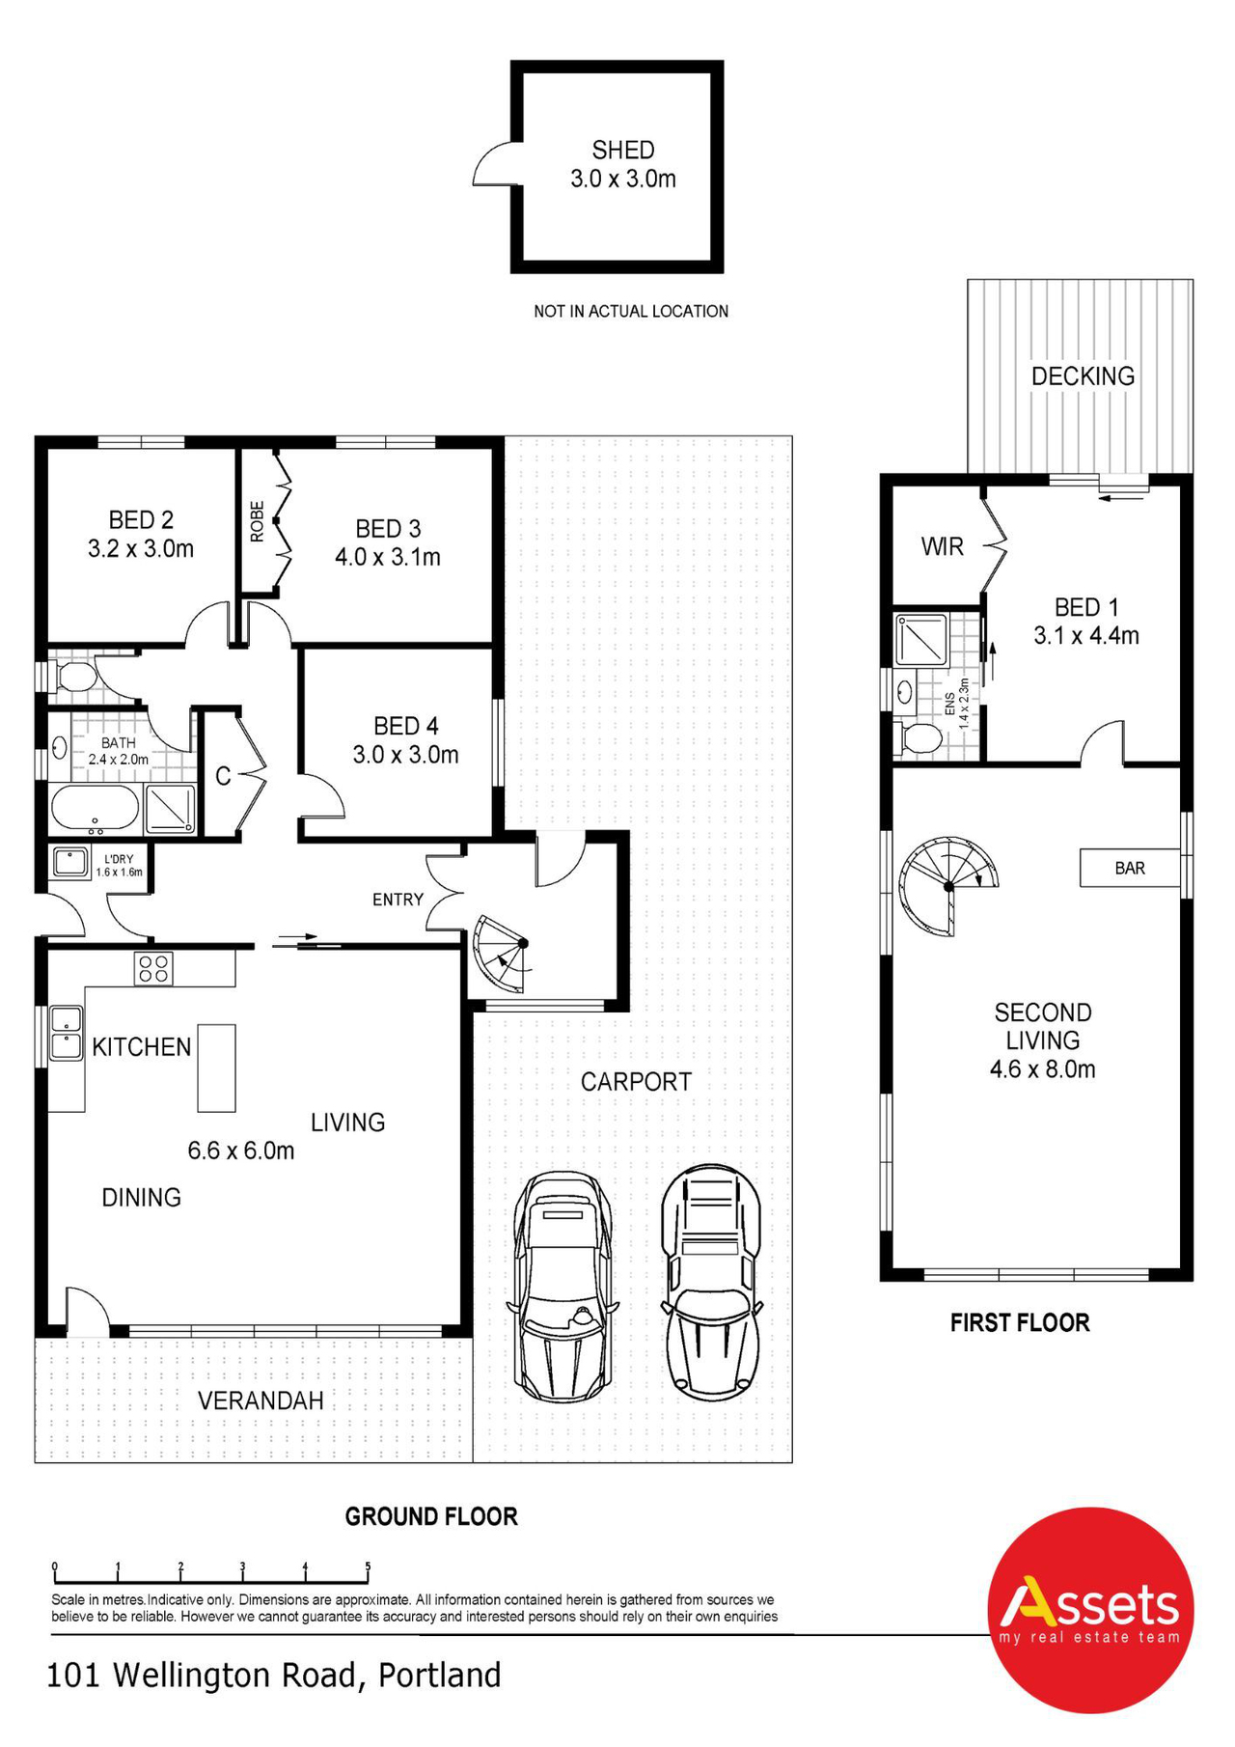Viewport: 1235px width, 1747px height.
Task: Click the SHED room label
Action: pos(622,151)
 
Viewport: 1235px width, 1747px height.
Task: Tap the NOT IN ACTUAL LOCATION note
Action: pos(631,311)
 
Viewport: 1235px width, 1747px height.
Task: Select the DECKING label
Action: pos(1083,376)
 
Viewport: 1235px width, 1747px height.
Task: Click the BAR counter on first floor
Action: pos(1129,868)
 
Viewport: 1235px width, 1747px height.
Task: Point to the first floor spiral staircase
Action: pos(947,886)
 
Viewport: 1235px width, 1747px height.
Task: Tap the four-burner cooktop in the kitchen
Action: pos(154,968)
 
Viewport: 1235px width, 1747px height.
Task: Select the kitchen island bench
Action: pos(216,1068)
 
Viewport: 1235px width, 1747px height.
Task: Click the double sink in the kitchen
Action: pos(66,1033)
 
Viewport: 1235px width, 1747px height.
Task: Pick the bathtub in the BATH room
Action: pos(95,808)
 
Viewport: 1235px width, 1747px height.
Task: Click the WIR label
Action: pos(942,547)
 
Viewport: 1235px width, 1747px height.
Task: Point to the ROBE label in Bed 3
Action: pos(257,521)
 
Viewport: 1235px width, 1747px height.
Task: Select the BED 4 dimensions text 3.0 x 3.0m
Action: pos(405,755)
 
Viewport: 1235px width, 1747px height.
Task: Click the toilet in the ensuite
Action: pos(919,738)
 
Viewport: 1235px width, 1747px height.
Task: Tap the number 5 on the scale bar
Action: pos(368,1567)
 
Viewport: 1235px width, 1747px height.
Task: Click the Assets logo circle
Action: pos(1090,1610)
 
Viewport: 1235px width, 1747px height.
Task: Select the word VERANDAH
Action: pos(261,1400)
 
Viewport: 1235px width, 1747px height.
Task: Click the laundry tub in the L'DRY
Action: pos(69,861)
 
